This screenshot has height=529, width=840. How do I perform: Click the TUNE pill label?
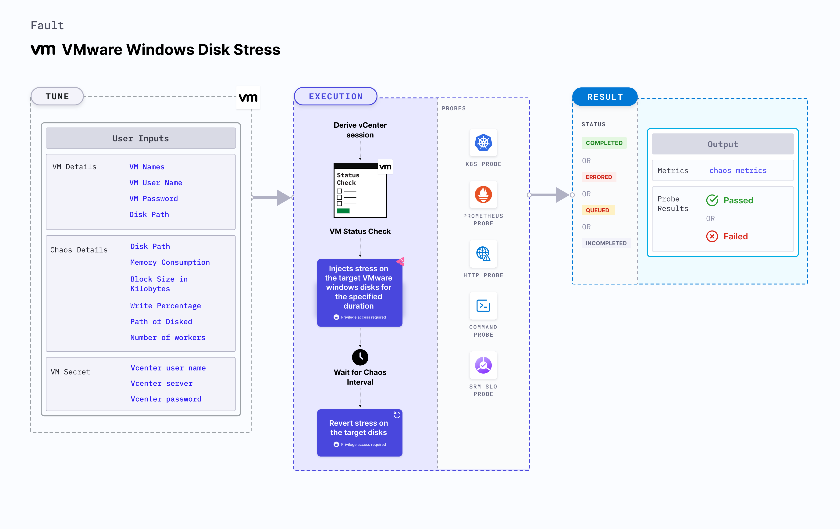[x=57, y=96]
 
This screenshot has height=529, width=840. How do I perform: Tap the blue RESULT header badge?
[x=605, y=97]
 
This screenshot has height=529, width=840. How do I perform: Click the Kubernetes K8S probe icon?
[x=483, y=142]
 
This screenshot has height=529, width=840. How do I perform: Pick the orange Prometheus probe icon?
[x=483, y=194]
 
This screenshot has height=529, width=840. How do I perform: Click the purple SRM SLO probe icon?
[x=483, y=365]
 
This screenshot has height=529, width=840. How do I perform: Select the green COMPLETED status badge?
[x=604, y=143]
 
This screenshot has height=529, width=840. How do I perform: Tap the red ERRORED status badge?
[x=599, y=177]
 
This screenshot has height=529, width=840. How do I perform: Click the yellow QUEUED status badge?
[x=597, y=210]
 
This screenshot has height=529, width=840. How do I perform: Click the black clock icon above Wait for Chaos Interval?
[x=360, y=357]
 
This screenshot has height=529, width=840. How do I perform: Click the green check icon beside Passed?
[x=712, y=200]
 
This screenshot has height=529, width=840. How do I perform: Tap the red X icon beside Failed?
[x=712, y=236]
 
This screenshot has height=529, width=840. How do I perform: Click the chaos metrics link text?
[x=737, y=170]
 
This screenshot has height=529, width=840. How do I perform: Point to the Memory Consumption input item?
[x=170, y=262]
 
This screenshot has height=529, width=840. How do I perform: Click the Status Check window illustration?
[x=360, y=190]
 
